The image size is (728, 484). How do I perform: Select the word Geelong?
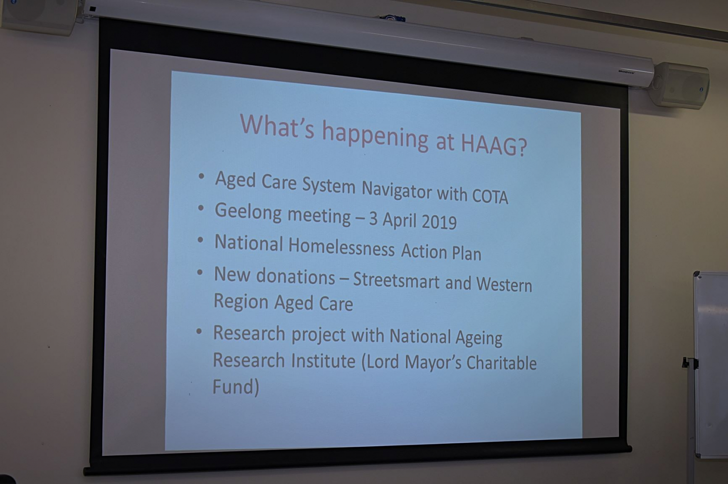click(248, 213)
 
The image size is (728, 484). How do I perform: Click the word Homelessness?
click(341, 248)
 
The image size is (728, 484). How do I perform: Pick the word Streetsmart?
click(396, 281)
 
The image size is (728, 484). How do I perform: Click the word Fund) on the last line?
click(235, 387)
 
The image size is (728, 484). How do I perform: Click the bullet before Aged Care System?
click(201, 177)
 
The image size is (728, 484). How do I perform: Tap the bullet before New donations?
click(200, 272)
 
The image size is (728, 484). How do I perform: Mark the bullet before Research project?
click(199, 332)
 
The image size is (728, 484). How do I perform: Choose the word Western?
click(504, 284)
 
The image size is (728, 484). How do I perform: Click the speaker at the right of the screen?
click(681, 85)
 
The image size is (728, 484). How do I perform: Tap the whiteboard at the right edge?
click(711, 364)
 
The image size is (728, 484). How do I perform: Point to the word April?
click(399, 220)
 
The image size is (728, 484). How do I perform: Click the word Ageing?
click(479, 338)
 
